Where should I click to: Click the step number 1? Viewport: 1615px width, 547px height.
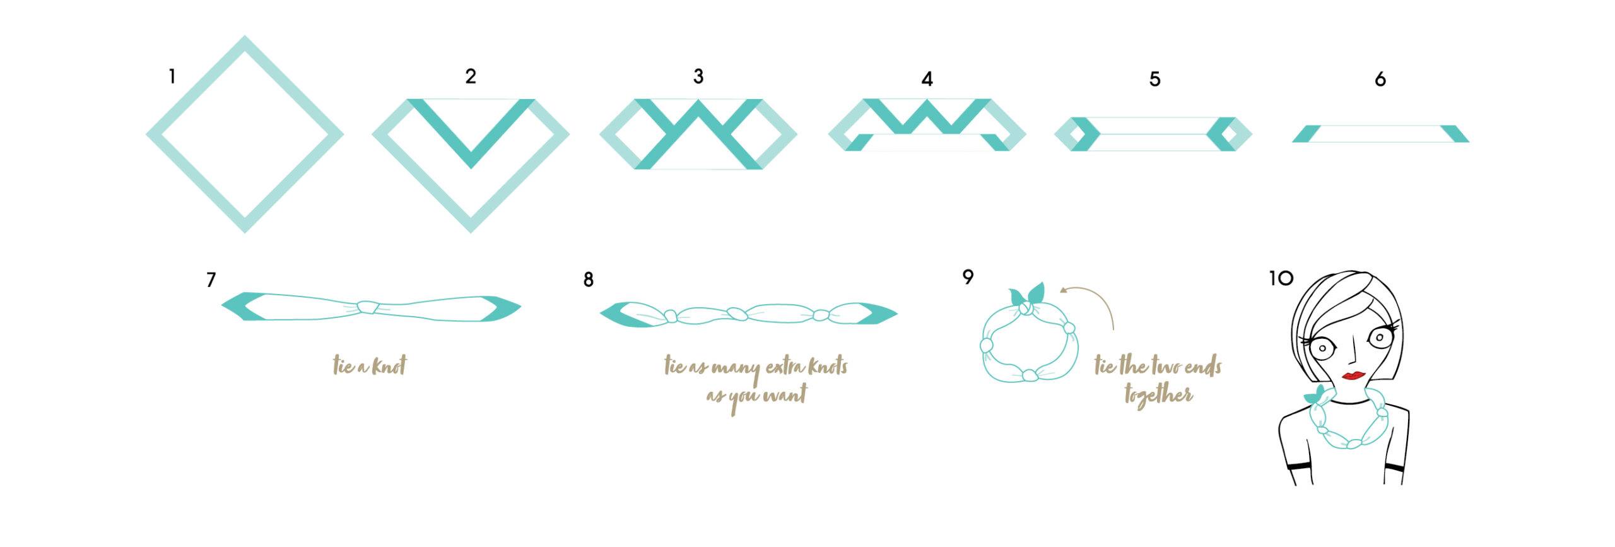tap(172, 77)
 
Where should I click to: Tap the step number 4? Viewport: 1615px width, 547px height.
tap(927, 79)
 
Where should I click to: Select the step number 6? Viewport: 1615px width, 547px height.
tap(1380, 79)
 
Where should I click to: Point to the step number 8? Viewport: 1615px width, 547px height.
tap(588, 279)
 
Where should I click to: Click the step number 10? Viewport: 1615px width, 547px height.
tap(1281, 278)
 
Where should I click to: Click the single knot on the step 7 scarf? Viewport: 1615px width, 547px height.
tap(367, 307)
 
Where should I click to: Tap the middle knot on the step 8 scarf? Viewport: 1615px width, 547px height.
tap(737, 314)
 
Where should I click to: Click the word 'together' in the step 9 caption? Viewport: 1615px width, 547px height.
tap(1158, 395)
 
